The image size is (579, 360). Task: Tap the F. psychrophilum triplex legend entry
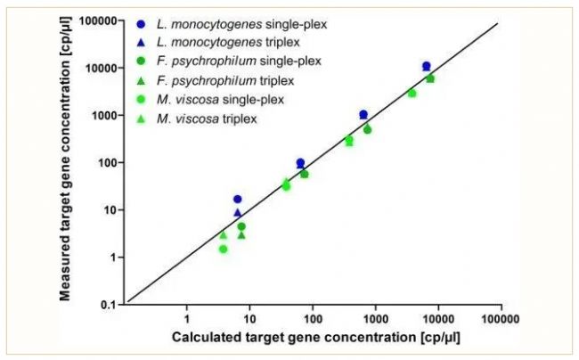(228, 80)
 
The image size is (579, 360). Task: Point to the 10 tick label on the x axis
(250, 318)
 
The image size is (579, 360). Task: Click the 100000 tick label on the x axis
(501, 318)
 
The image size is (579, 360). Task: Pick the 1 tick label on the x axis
(187, 318)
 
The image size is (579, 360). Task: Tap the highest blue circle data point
(427, 67)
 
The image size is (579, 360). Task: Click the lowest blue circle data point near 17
(238, 200)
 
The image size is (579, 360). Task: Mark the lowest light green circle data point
(223, 250)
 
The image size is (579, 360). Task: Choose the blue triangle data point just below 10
(238, 212)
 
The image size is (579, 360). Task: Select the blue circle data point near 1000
(363, 115)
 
